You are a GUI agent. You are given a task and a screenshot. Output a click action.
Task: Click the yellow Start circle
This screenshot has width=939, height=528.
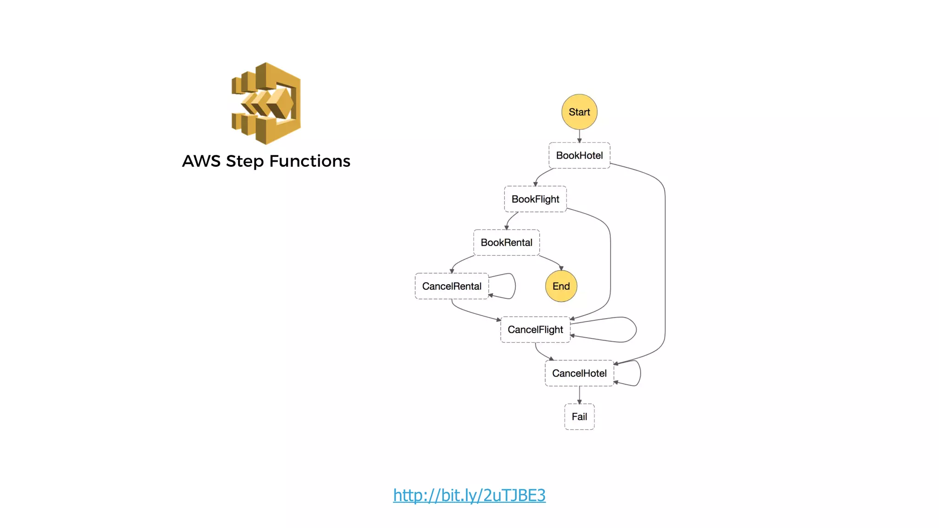click(579, 112)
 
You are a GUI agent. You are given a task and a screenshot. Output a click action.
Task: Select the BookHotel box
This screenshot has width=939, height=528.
click(579, 155)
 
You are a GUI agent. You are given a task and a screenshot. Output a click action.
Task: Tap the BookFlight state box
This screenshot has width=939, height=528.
click(535, 199)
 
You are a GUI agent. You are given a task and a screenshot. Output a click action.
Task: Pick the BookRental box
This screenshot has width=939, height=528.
click(506, 242)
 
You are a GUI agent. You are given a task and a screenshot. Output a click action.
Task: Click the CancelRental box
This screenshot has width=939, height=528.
click(452, 286)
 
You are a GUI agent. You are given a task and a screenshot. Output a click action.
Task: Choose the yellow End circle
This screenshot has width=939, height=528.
click(561, 286)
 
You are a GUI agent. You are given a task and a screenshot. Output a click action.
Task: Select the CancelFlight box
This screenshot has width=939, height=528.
click(535, 330)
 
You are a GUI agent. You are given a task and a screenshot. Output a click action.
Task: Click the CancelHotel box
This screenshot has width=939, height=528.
click(579, 373)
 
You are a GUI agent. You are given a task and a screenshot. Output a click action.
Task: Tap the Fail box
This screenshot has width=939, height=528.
click(579, 417)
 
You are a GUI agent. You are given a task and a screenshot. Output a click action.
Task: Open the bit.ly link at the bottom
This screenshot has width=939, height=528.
click(469, 495)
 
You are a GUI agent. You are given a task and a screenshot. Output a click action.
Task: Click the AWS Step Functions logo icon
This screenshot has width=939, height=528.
click(266, 104)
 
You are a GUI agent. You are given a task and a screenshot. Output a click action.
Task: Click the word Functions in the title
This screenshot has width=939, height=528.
click(309, 161)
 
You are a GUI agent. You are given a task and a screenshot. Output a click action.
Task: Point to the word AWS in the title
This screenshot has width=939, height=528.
click(201, 161)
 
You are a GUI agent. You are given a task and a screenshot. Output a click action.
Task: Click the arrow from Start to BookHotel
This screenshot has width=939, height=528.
click(579, 136)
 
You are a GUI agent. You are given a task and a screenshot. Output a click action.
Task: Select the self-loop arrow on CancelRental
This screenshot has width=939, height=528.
click(515, 286)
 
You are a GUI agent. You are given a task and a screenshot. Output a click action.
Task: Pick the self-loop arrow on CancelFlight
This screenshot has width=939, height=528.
click(636, 330)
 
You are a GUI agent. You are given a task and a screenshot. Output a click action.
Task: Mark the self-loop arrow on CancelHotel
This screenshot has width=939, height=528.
click(640, 373)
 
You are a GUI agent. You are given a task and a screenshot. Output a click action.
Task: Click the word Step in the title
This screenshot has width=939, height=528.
click(245, 161)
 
